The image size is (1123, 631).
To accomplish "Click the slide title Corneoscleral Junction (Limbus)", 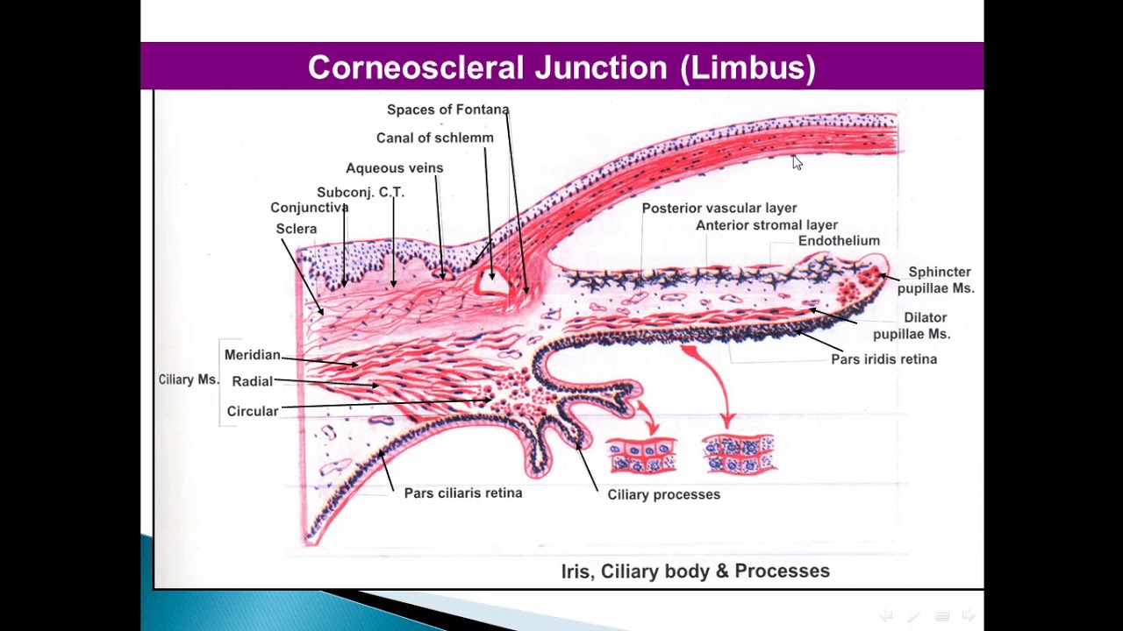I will click(561, 67).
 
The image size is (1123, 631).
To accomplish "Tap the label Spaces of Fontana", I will click(447, 110).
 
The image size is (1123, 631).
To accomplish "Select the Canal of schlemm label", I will click(434, 138).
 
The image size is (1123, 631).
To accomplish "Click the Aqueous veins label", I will click(394, 168).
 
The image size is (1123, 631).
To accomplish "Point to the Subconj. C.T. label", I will click(360, 193).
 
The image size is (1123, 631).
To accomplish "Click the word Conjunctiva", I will click(309, 208).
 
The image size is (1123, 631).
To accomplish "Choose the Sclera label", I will click(296, 229).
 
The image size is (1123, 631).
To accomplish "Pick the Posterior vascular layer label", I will click(719, 208).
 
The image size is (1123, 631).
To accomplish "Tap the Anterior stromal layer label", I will click(766, 225).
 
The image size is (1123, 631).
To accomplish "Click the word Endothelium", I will click(838, 241).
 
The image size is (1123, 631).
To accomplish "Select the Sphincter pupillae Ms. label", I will click(935, 280).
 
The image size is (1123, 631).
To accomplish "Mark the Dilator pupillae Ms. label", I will click(912, 325).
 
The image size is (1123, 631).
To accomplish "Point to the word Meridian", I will click(252, 355).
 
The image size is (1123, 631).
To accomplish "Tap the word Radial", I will click(252, 381).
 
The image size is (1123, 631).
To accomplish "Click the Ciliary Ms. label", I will click(188, 379).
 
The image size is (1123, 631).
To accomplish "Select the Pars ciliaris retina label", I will click(462, 493).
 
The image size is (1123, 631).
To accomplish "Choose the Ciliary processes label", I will click(663, 494).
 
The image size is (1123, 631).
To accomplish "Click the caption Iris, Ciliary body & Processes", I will click(695, 571).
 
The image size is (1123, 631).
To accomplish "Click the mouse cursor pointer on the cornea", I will click(796, 162).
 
